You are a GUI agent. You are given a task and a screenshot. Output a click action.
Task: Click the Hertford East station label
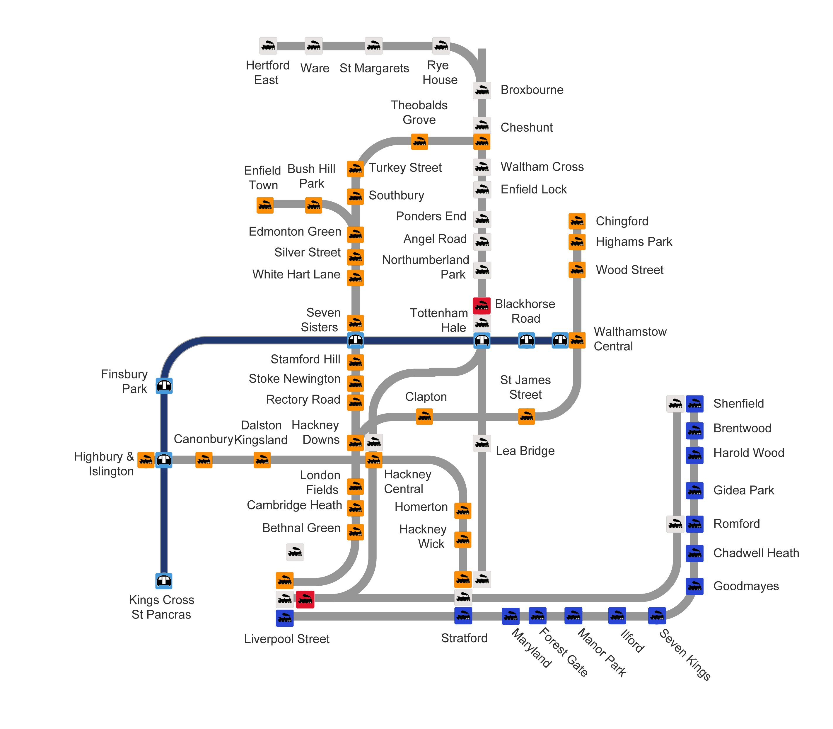267,72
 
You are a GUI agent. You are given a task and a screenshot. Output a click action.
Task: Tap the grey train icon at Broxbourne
482,90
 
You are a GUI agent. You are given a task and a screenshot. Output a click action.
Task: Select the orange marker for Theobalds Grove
419,142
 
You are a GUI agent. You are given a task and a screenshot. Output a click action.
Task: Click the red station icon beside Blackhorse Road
481,305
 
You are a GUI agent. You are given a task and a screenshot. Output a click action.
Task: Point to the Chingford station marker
576,221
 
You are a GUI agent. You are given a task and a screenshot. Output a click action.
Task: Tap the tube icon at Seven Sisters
355,340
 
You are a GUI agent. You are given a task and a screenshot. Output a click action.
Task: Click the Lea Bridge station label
525,451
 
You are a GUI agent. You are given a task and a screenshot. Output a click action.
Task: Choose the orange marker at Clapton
424,416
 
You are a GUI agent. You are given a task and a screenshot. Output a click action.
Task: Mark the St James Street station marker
526,416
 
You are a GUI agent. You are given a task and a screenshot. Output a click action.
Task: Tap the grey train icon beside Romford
675,524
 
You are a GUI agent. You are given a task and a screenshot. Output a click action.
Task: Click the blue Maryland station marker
510,616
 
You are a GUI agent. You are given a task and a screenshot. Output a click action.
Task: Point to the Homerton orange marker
463,511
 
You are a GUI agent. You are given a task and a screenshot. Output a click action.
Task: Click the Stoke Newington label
294,379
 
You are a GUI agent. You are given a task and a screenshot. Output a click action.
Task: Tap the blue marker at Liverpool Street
285,618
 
